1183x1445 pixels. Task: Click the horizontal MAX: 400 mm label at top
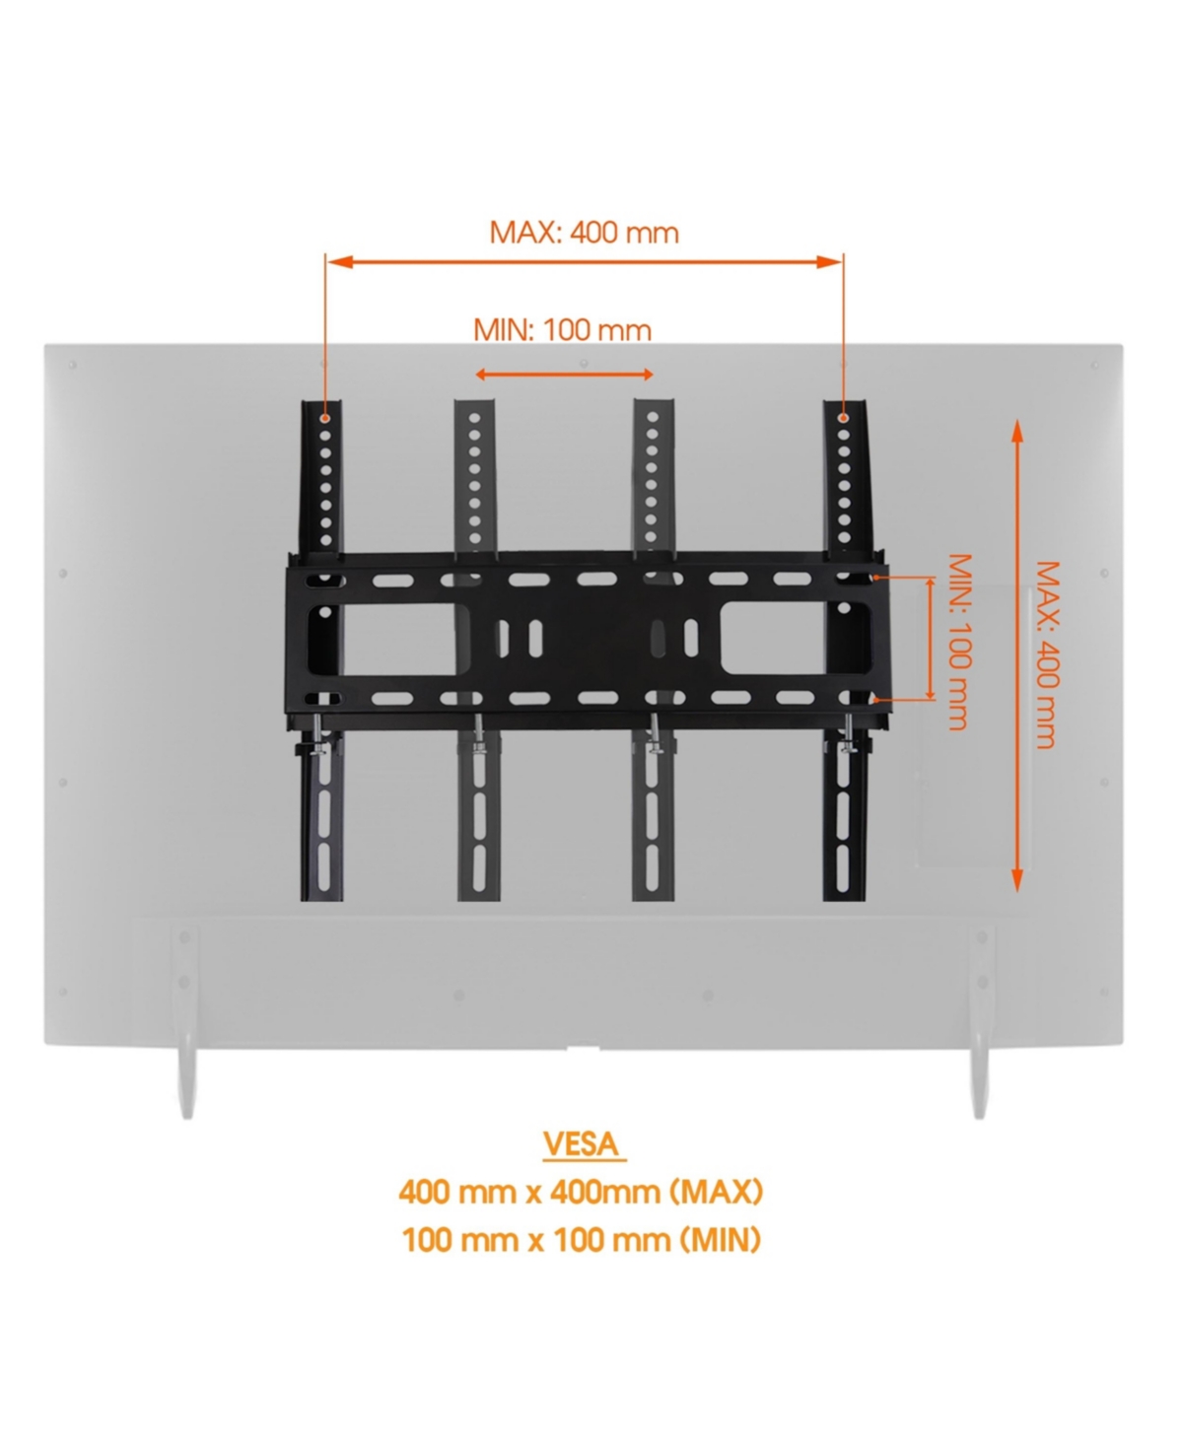point(584,233)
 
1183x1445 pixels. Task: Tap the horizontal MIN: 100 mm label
point(562,329)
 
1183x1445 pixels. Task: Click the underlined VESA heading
point(583,1143)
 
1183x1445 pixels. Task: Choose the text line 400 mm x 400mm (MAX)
point(581,1192)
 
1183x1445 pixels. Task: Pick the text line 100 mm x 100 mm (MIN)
point(581,1239)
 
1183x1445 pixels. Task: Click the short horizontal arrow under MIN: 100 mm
point(564,375)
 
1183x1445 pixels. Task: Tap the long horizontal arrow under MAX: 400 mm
point(584,261)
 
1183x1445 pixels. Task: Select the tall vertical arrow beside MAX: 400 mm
point(1016,654)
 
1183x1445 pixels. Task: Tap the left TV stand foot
point(185,1079)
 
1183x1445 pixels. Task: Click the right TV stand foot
point(979,1079)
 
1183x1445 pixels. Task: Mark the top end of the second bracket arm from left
point(475,406)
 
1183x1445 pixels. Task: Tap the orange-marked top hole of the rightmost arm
point(843,419)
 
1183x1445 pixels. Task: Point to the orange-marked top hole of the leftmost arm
point(325,419)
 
